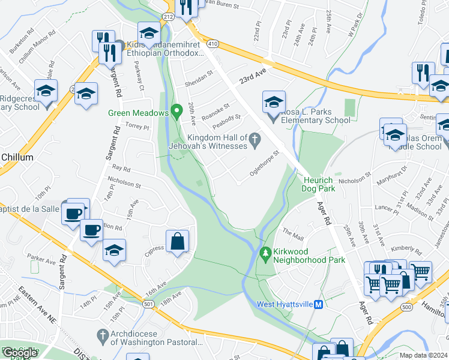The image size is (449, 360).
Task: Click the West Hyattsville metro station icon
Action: (319, 304)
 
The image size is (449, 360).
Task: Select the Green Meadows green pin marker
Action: (176, 112)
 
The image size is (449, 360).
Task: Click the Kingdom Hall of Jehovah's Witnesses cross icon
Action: (255, 140)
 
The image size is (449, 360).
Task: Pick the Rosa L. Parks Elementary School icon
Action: (274, 103)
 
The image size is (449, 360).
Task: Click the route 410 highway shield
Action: (211, 44)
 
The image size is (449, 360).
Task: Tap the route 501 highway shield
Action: (147, 305)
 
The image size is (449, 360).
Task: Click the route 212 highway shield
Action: (169, 17)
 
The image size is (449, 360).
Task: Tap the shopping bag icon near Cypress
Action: (178, 242)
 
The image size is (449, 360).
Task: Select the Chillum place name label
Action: (17, 157)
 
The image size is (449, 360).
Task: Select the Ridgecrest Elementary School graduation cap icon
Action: (46, 91)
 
